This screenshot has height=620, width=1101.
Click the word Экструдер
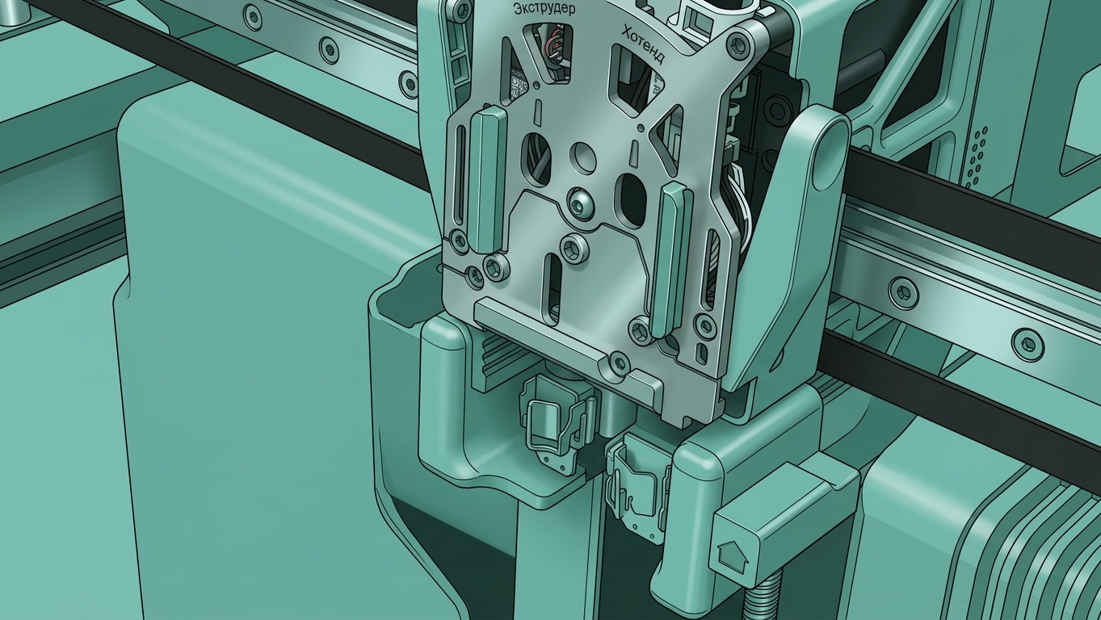[544, 9]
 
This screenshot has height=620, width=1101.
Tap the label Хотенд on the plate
[644, 44]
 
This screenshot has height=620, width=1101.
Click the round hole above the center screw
[583, 157]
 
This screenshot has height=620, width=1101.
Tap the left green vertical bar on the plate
[486, 180]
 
